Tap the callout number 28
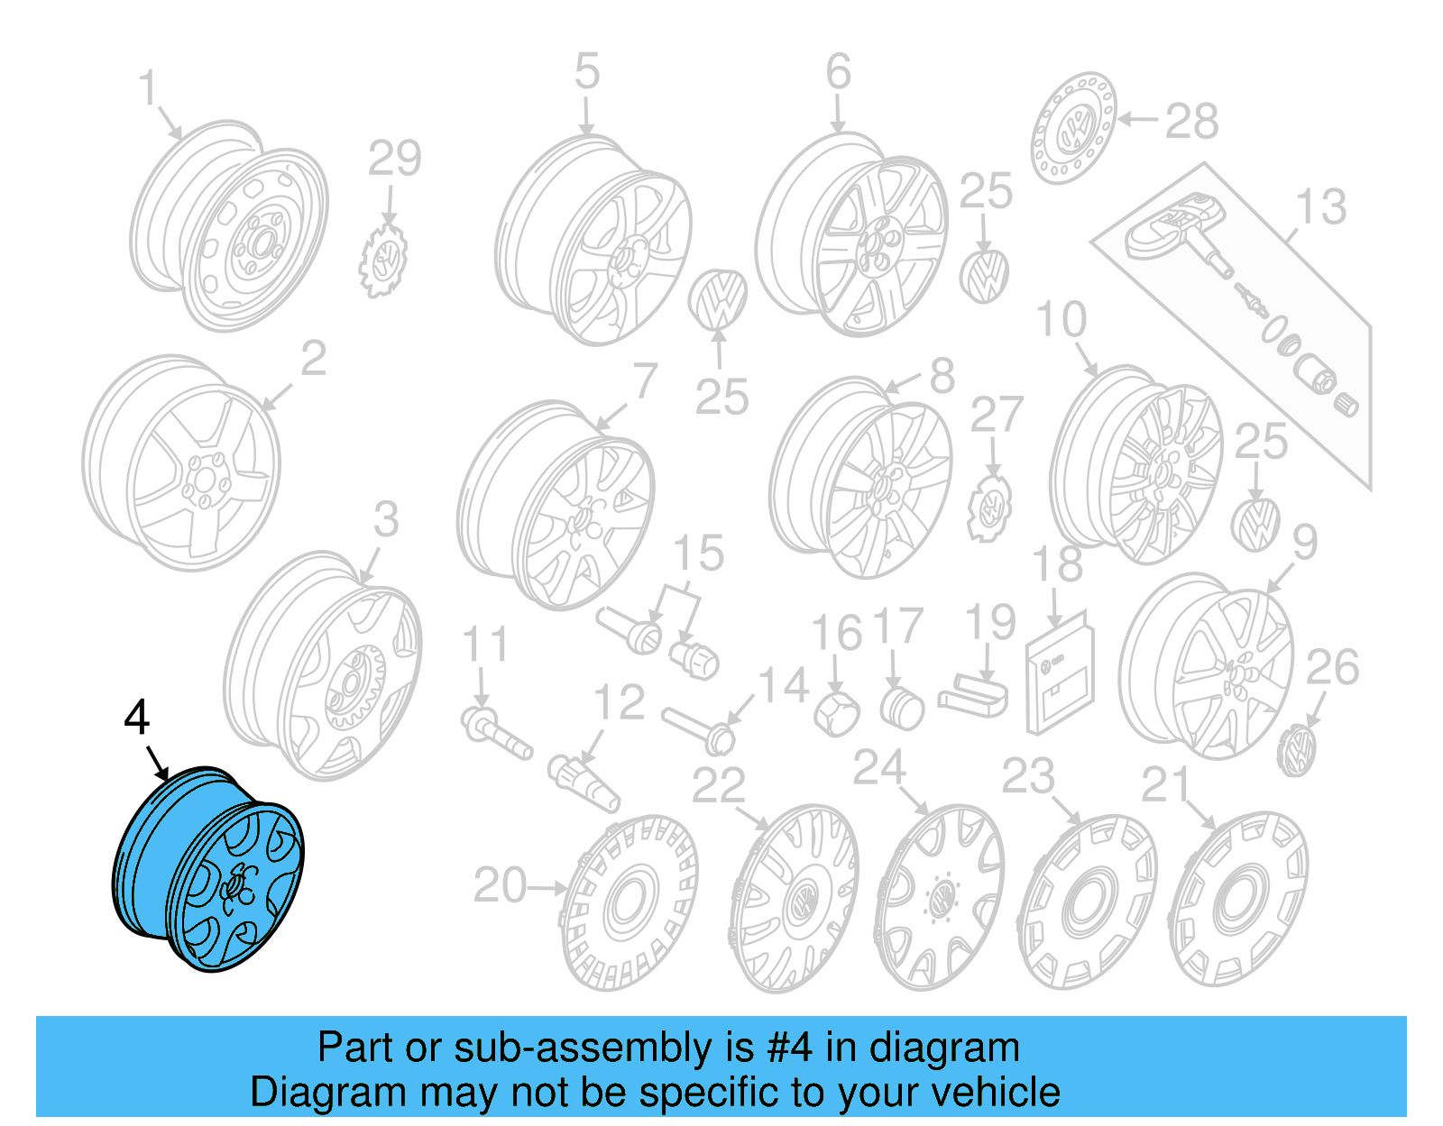[1191, 121]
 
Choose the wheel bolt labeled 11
[495, 732]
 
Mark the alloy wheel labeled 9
[1207, 667]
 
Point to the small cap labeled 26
[1297, 750]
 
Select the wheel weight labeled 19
[974, 698]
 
